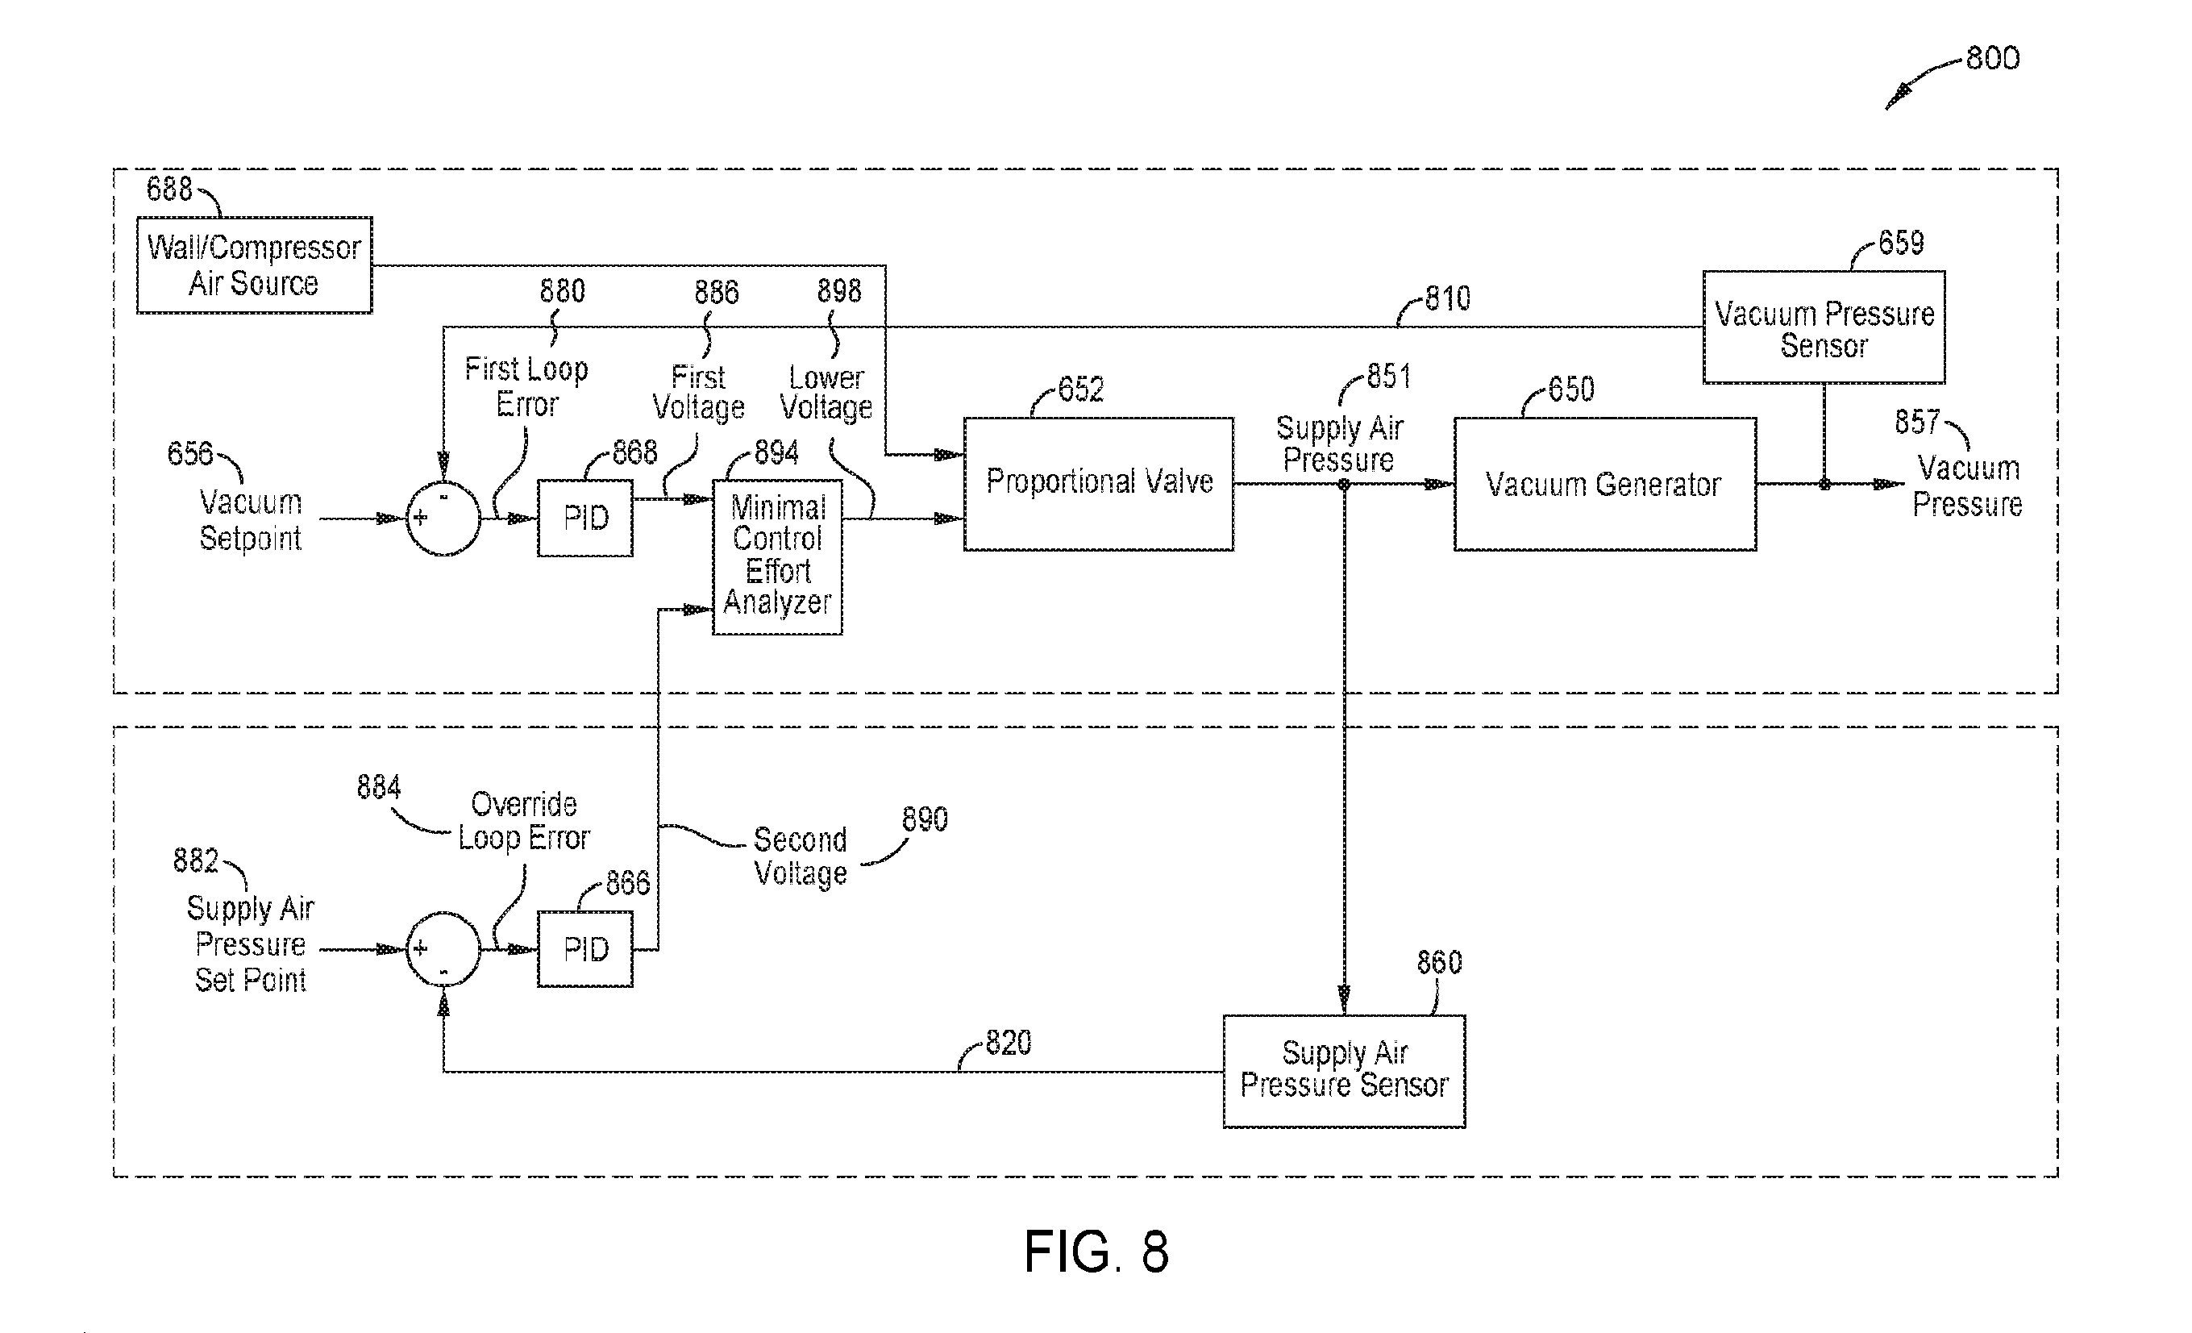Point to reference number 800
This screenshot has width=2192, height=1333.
point(1992,59)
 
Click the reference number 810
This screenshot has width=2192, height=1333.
point(1447,298)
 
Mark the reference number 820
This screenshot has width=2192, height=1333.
point(1008,1042)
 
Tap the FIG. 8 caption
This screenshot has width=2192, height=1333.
point(1096,1251)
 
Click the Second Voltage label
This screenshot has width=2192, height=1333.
point(801,856)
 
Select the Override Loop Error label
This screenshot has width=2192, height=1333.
point(524,820)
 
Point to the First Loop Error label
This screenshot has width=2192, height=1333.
point(526,386)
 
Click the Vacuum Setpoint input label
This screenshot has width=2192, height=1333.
point(251,519)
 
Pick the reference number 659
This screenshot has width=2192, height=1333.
point(1901,243)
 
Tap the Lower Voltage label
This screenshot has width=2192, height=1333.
point(826,393)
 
